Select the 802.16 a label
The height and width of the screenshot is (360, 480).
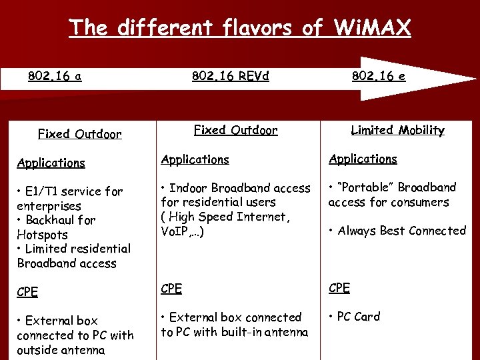pos(55,76)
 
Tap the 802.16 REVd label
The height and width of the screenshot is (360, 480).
pos(231,76)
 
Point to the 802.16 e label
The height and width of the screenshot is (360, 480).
pos(378,76)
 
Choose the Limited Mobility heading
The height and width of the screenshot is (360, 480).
pos(397,130)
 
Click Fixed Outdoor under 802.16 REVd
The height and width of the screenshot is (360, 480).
pos(235,130)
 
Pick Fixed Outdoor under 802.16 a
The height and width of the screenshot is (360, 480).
pos(79,134)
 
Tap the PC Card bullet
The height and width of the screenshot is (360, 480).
pos(358,317)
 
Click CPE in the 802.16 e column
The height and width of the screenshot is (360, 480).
pos(339,288)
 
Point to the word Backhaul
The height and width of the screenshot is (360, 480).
pos(53,220)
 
